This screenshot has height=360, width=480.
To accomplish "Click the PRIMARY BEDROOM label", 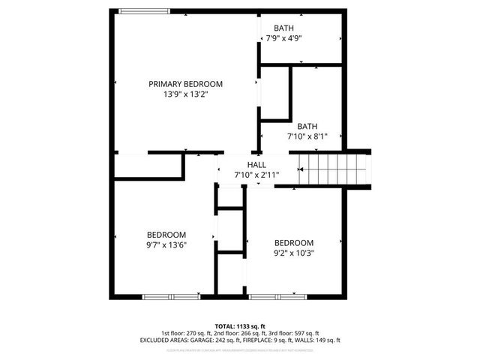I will click(185, 84).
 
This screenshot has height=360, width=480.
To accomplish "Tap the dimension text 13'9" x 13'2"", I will click(185, 94).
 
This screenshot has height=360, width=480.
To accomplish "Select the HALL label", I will click(256, 165).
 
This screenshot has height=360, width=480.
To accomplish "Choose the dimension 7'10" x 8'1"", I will click(307, 136).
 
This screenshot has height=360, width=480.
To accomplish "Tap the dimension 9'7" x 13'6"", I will click(166, 244).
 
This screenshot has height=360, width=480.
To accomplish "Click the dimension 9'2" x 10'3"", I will click(293, 253).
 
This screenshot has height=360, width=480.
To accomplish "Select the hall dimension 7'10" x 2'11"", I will click(256, 175).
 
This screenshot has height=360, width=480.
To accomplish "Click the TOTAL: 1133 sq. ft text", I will click(240, 326).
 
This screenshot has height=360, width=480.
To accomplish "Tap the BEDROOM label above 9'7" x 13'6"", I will click(166, 235).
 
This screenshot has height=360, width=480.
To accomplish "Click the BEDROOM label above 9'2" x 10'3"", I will click(293, 242).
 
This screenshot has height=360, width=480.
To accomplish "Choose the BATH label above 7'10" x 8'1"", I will click(307, 126).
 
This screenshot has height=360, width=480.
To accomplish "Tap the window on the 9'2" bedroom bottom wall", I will click(276, 297).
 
